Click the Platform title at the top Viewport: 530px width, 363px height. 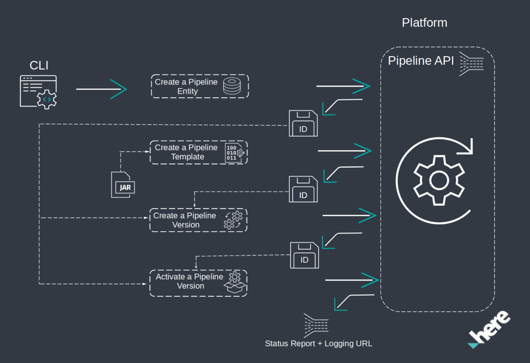[x=424, y=22]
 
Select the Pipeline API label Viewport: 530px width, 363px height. [x=421, y=61]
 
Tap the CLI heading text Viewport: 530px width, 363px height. [x=39, y=65]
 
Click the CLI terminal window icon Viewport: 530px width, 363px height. [x=38, y=92]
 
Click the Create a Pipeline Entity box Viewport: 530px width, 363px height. [x=199, y=86]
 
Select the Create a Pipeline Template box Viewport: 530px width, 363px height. [x=199, y=152]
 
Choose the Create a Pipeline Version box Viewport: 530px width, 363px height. [x=198, y=220]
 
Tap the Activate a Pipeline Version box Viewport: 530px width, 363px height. [x=198, y=283]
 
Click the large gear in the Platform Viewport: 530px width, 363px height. [x=438, y=180]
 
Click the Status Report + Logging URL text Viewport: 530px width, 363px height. [x=318, y=344]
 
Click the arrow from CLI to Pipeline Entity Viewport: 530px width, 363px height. [x=101, y=89]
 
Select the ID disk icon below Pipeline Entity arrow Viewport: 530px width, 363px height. [x=303, y=124]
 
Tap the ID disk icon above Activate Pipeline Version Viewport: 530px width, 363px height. [x=304, y=255]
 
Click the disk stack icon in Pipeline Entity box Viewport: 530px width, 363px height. [x=232, y=86]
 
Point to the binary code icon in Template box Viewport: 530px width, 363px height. [x=235, y=152]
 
